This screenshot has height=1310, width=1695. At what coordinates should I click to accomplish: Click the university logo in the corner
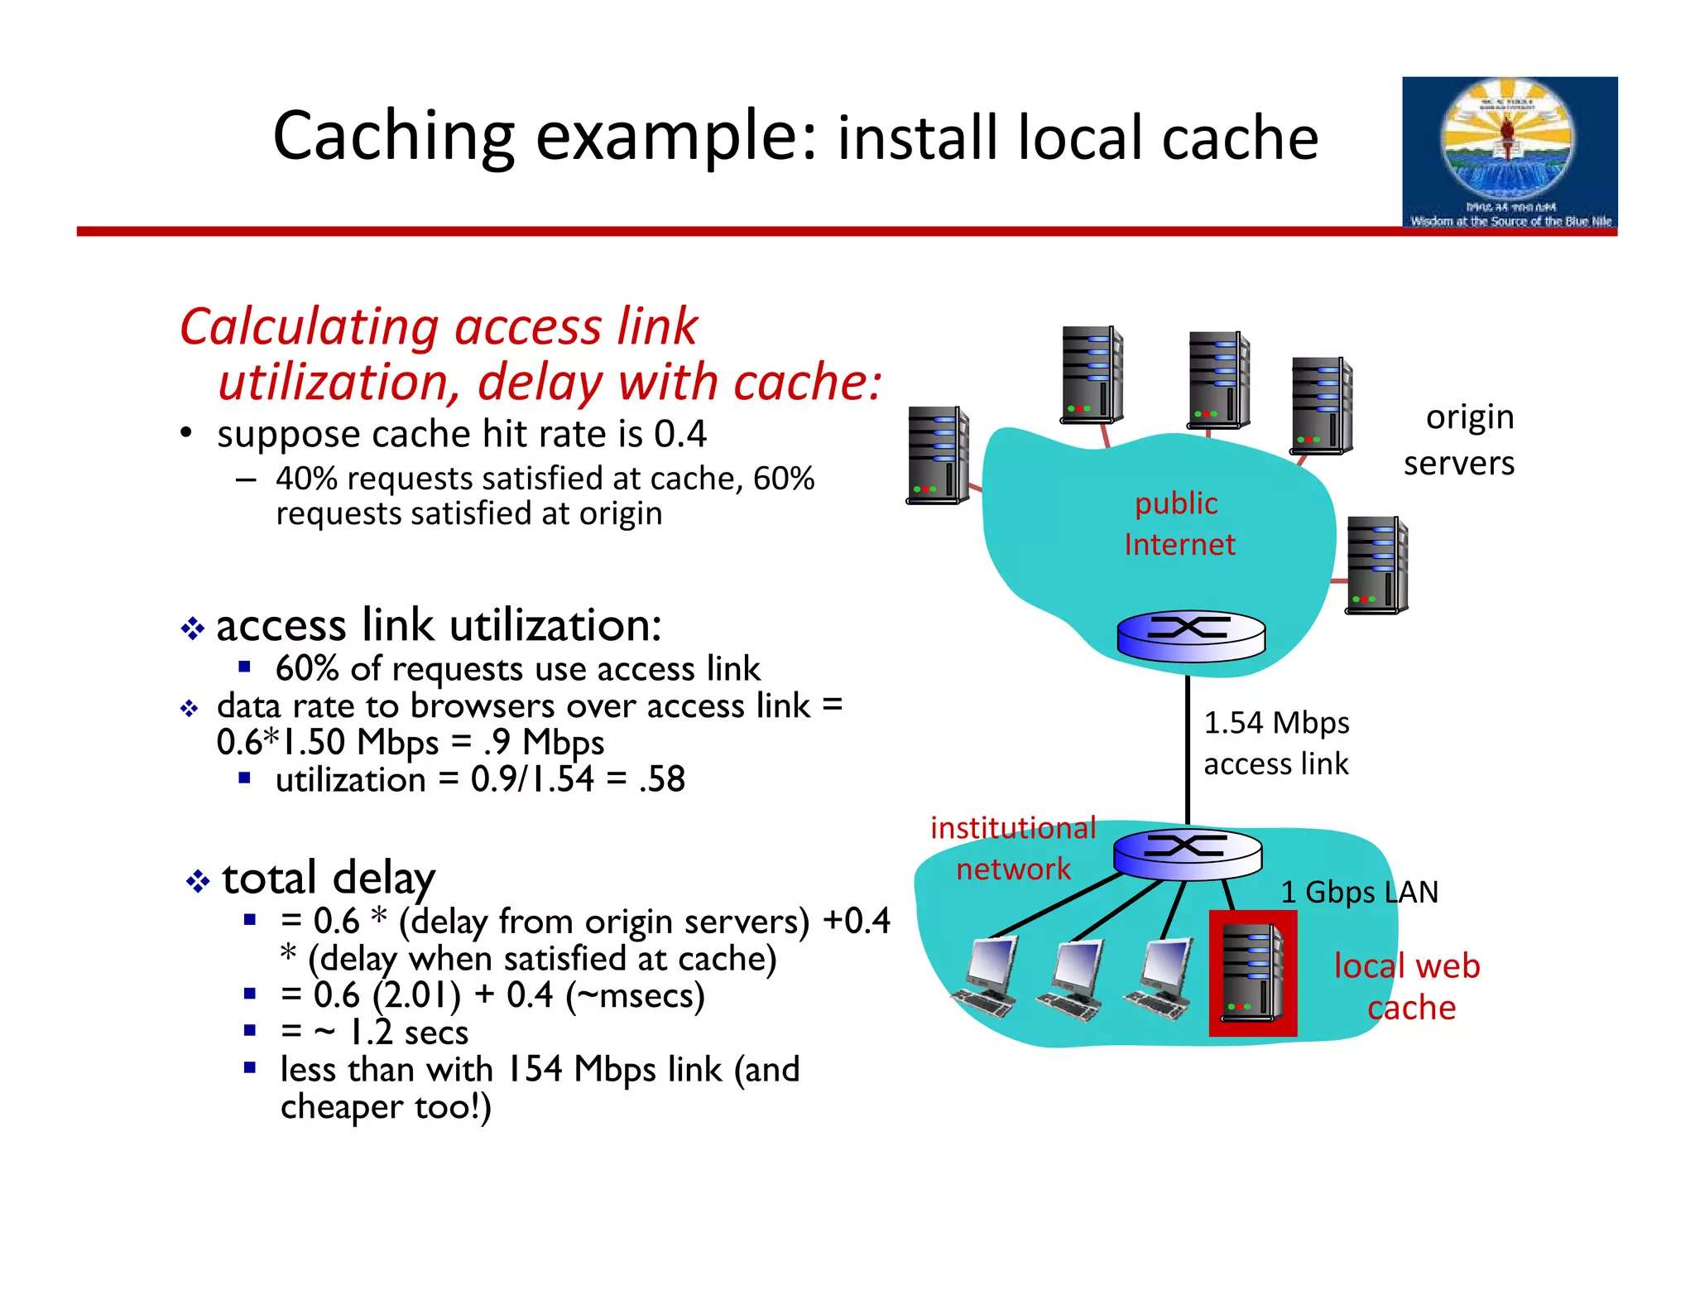1509,152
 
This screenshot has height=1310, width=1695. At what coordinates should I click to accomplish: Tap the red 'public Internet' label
1178,523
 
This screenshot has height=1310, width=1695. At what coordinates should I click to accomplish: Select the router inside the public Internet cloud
1190,637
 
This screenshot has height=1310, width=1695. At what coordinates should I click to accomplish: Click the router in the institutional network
1187,853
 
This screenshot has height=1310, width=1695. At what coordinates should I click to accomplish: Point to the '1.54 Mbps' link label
1275,723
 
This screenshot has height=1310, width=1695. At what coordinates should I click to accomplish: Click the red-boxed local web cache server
1252,973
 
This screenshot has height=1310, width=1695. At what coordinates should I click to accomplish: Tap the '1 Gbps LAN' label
1359,892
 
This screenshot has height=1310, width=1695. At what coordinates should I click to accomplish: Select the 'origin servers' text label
1460,440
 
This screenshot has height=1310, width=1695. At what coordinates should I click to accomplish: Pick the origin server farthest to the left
937,455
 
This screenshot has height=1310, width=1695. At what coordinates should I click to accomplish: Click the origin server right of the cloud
1376,565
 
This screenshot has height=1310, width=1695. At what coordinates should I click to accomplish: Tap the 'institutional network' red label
1013,848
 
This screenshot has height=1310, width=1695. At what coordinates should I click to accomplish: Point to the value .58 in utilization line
662,779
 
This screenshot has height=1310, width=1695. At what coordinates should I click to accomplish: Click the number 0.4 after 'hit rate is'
680,434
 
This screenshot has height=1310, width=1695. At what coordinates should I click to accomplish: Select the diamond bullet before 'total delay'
198,881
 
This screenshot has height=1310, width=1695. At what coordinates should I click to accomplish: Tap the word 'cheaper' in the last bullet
341,1107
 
